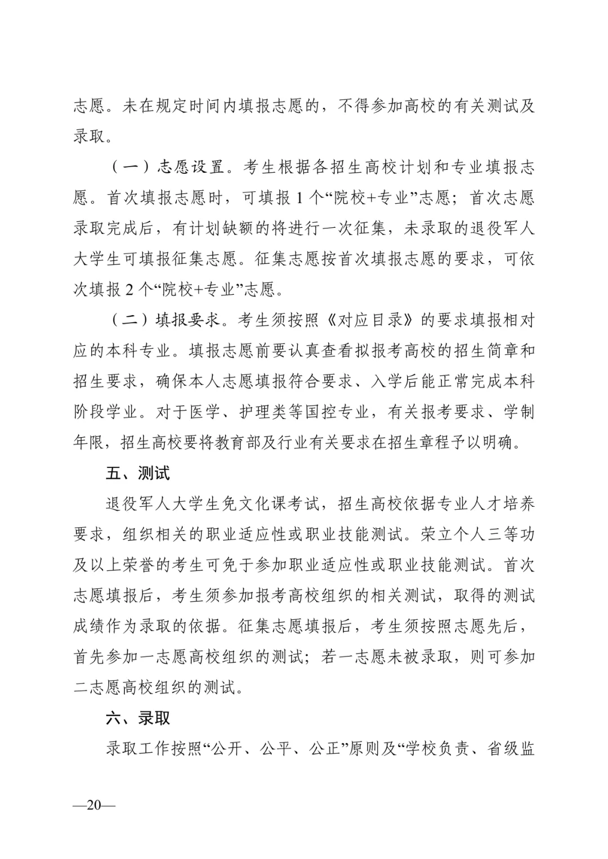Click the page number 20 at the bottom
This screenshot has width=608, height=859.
coord(94,804)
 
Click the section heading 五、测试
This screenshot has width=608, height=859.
coord(137,473)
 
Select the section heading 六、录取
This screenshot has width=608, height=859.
coord(137,718)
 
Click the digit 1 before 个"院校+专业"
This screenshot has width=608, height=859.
coord(300,197)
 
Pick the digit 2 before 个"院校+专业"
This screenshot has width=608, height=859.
coord(129,290)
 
